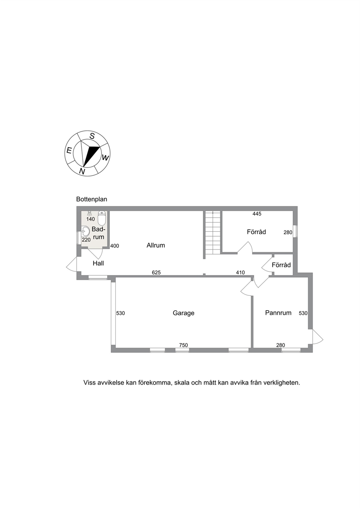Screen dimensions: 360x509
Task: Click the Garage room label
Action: pos(183,313)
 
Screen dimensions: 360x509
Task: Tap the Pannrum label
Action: pos(278,313)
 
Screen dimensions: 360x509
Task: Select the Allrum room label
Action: pos(156,245)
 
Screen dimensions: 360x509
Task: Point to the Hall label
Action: pos(98,263)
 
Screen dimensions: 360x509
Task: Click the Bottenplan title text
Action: pos(91,199)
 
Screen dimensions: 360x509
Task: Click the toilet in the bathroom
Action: pos(102,217)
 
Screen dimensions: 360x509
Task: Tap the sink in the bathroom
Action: pos(85,231)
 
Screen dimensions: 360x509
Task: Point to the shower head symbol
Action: pos(90,214)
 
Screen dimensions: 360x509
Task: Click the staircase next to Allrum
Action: pos(213,233)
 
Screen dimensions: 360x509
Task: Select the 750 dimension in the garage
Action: pos(183,345)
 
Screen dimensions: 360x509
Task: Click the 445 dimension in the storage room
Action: pos(257,214)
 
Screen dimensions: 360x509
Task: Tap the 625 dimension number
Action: pos(156,272)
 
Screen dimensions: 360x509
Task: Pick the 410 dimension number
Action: pos(240,272)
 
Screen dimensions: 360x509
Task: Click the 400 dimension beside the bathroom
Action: pos(115,246)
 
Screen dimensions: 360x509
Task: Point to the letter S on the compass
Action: pos(92,136)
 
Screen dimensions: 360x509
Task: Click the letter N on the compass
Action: pos(82,171)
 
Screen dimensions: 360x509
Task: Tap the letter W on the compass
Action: pos(105,157)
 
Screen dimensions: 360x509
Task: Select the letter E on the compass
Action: pos(69,151)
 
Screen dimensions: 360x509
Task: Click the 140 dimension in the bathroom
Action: pos(90,219)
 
